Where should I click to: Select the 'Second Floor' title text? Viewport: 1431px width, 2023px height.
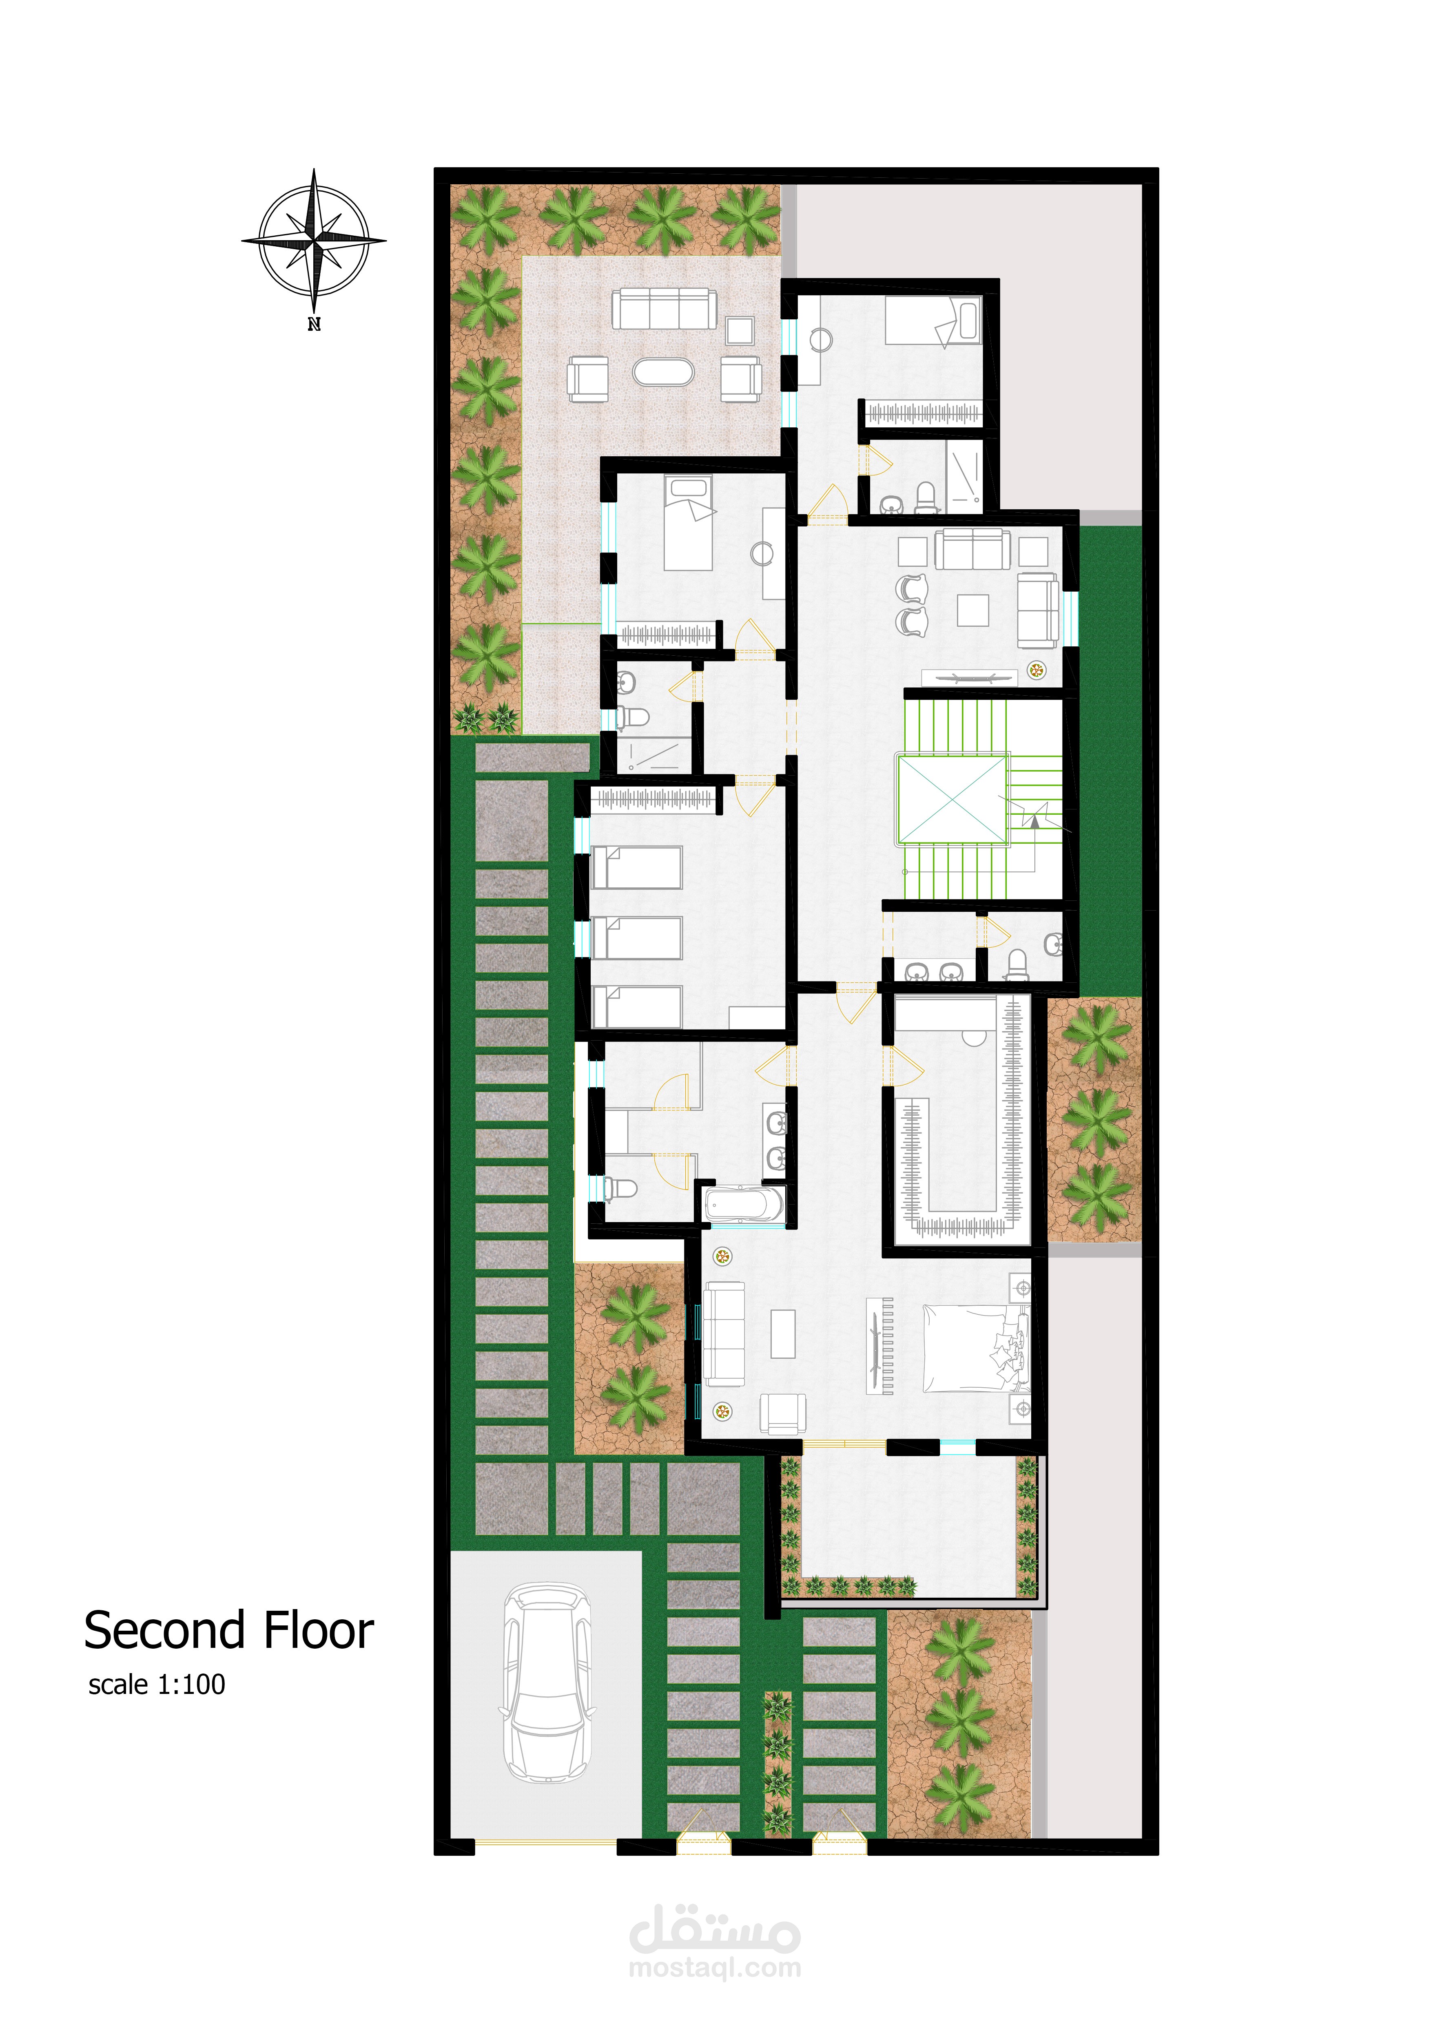click(229, 1630)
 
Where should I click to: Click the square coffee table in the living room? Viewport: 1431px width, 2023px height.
click(973, 610)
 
